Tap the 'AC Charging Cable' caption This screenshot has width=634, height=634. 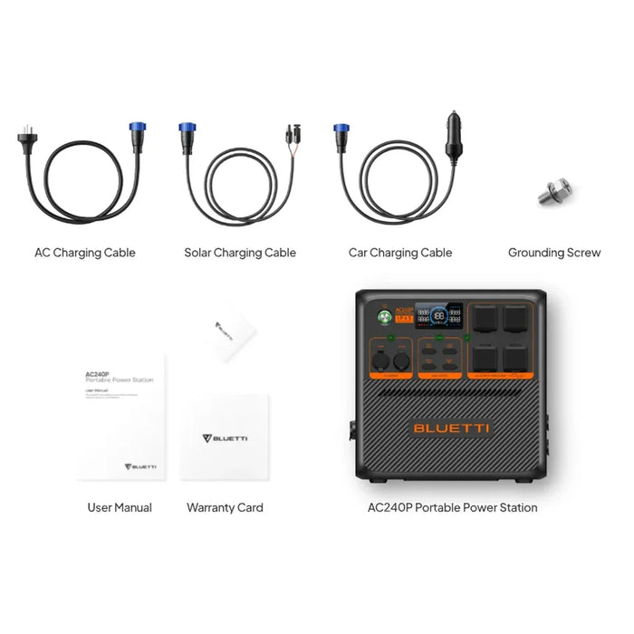pyautogui.click(x=84, y=253)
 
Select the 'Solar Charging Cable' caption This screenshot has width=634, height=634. pyautogui.click(x=240, y=253)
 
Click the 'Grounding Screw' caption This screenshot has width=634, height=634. pyautogui.click(x=553, y=253)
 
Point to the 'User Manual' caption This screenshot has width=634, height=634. pyautogui.click(x=120, y=507)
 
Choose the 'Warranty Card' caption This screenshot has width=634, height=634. pyautogui.click(x=225, y=507)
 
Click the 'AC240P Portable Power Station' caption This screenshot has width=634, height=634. pyautogui.click(x=450, y=507)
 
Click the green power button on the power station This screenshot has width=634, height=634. pyautogui.click(x=383, y=318)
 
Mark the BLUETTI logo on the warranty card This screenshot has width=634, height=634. pyautogui.click(x=225, y=438)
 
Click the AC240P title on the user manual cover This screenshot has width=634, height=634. pyautogui.click(x=97, y=372)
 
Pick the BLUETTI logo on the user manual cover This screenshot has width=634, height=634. pyautogui.click(x=140, y=466)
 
